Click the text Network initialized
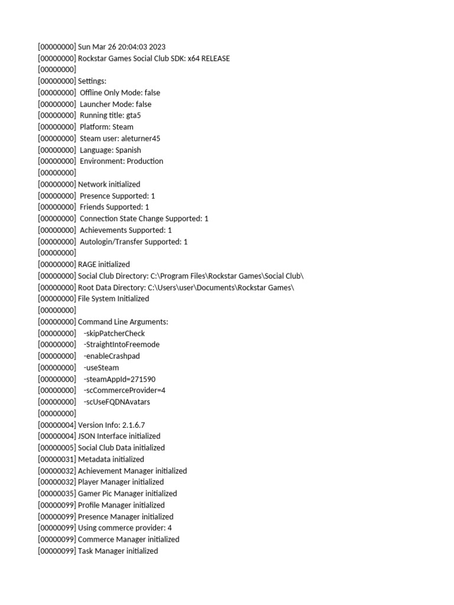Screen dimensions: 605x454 pyautogui.click(x=109, y=184)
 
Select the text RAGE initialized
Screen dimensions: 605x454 pyautogui.click(x=104, y=264)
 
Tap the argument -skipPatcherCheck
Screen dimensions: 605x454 pyautogui.click(x=114, y=333)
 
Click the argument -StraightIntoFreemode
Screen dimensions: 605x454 pyautogui.click(x=122, y=344)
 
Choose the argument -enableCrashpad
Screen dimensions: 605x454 pyautogui.click(x=112, y=356)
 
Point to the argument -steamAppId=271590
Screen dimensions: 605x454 pyautogui.click(x=119, y=379)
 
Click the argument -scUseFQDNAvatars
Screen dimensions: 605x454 pyautogui.click(x=117, y=402)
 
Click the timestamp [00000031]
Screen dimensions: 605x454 pyautogui.click(x=57, y=459)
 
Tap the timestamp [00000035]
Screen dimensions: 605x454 pyautogui.click(x=57, y=493)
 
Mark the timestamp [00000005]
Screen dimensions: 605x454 pyautogui.click(x=57, y=448)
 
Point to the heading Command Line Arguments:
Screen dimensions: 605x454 pyautogui.click(x=123, y=322)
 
